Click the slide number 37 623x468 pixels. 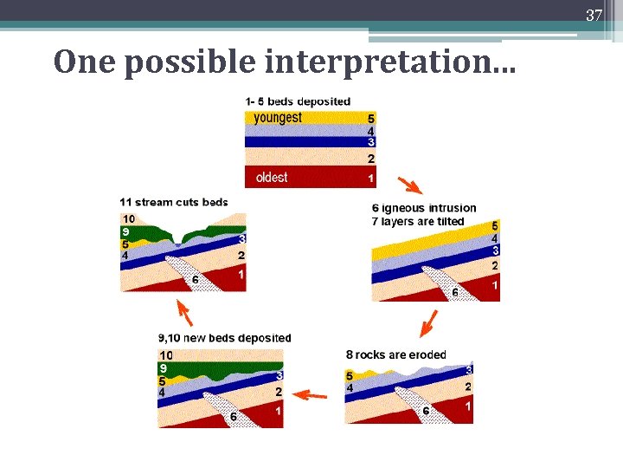(x=594, y=15)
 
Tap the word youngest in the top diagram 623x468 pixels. (x=278, y=118)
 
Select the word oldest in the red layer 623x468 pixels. (x=272, y=178)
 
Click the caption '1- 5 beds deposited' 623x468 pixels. (x=298, y=101)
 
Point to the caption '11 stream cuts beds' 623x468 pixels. (x=174, y=203)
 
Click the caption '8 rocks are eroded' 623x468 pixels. (x=395, y=354)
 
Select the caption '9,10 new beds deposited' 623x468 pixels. (x=225, y=338)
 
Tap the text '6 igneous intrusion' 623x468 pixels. (x=424, y=208)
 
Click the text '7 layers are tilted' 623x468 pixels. (x=418, y=221)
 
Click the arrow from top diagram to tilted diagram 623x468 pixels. (x=410, y=185)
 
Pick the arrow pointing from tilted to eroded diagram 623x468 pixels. (x=426, y=323)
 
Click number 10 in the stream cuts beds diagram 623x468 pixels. (x=128, y=218)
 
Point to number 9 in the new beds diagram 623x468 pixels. (x=163, y=368)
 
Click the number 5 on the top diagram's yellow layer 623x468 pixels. (x=371, y=119)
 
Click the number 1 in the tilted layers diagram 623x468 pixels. (x=494, y=285)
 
